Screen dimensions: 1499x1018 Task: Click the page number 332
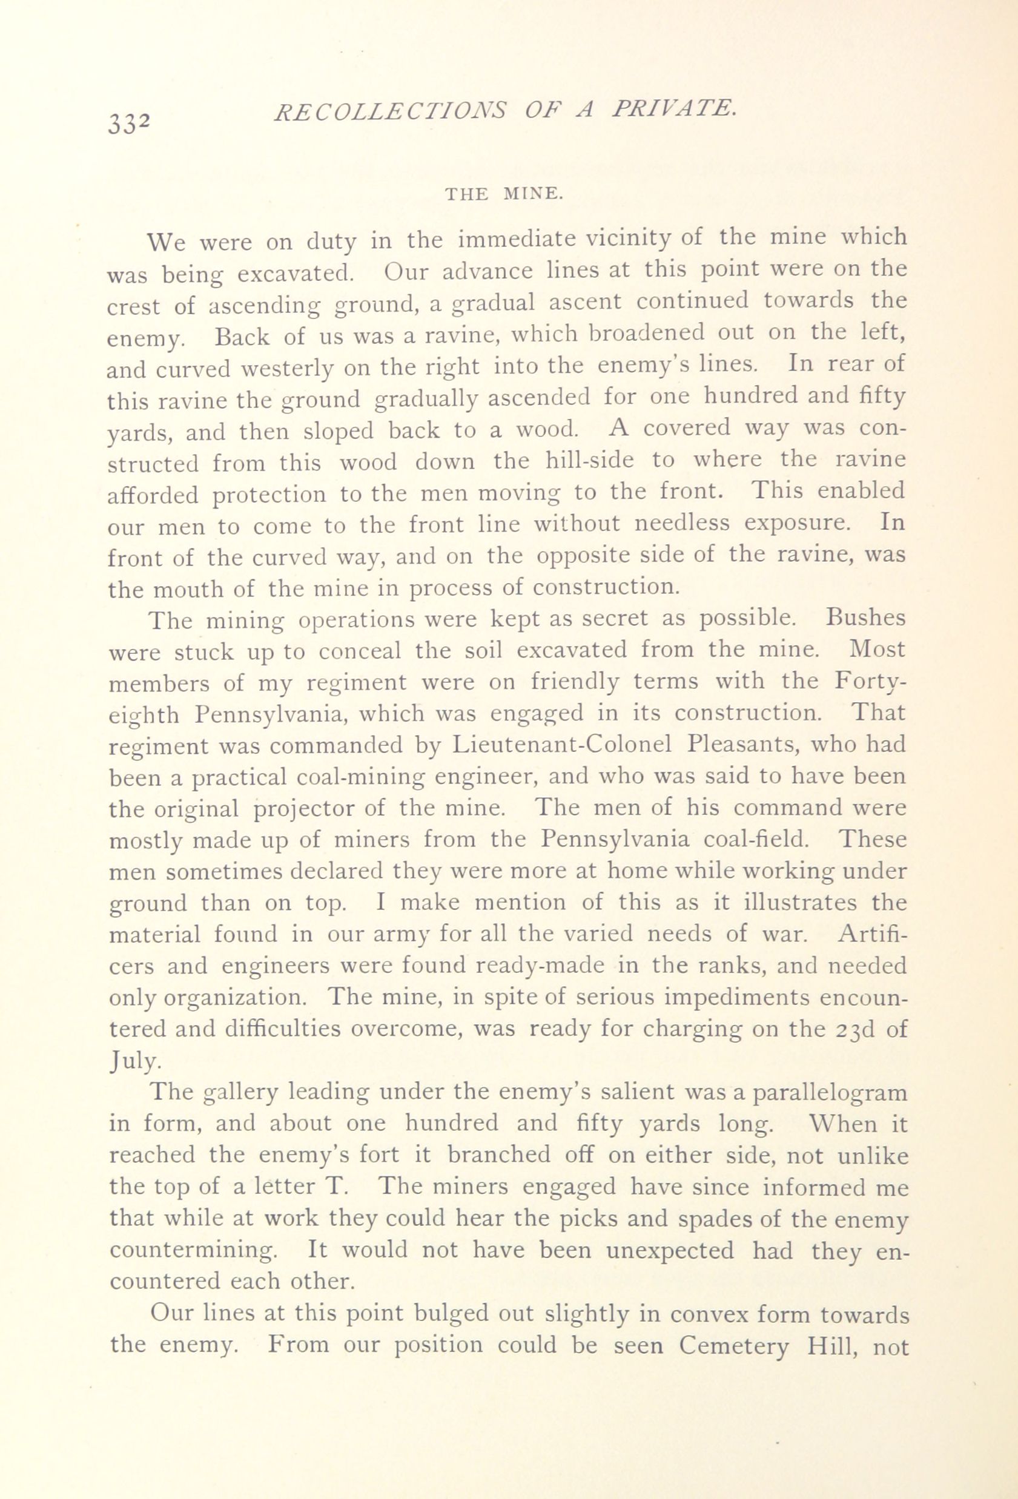point(129,120)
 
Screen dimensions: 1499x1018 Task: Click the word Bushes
point(865,618)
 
